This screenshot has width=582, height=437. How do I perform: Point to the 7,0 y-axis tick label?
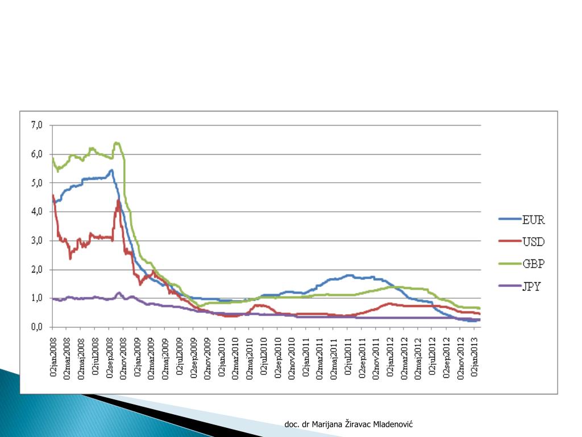38,125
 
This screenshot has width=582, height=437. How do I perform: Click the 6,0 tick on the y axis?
38,154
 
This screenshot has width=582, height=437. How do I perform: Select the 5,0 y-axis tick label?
38,183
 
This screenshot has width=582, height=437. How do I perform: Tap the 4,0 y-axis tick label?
38,212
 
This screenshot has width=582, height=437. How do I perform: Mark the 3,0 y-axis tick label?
38,241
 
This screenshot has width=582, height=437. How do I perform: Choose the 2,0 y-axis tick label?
38,270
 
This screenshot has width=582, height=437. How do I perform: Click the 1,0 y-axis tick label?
38,298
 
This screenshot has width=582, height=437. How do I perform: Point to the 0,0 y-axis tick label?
38,327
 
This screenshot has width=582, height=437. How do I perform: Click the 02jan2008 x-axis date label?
53,353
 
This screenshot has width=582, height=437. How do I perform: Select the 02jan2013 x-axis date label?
476,353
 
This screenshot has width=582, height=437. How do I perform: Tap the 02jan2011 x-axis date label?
307,353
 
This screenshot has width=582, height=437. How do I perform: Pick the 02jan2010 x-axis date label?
222,353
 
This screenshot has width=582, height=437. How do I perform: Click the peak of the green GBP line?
116,142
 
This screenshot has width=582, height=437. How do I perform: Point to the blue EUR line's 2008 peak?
111,170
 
